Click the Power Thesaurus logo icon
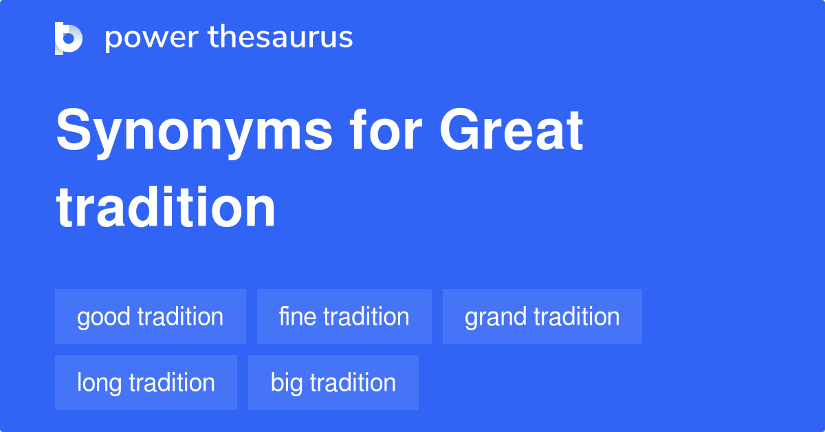click(x=69, y=38)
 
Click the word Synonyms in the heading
click(x=195, y=133)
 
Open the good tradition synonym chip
click(x=151, y=316)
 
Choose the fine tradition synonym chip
click(x=344, y=316)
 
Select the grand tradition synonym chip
click(x=542, y=316)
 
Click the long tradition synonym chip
click(x=146, y=382)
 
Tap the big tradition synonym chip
click(x=333, y=382)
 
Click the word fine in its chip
click(x=298, y=316)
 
